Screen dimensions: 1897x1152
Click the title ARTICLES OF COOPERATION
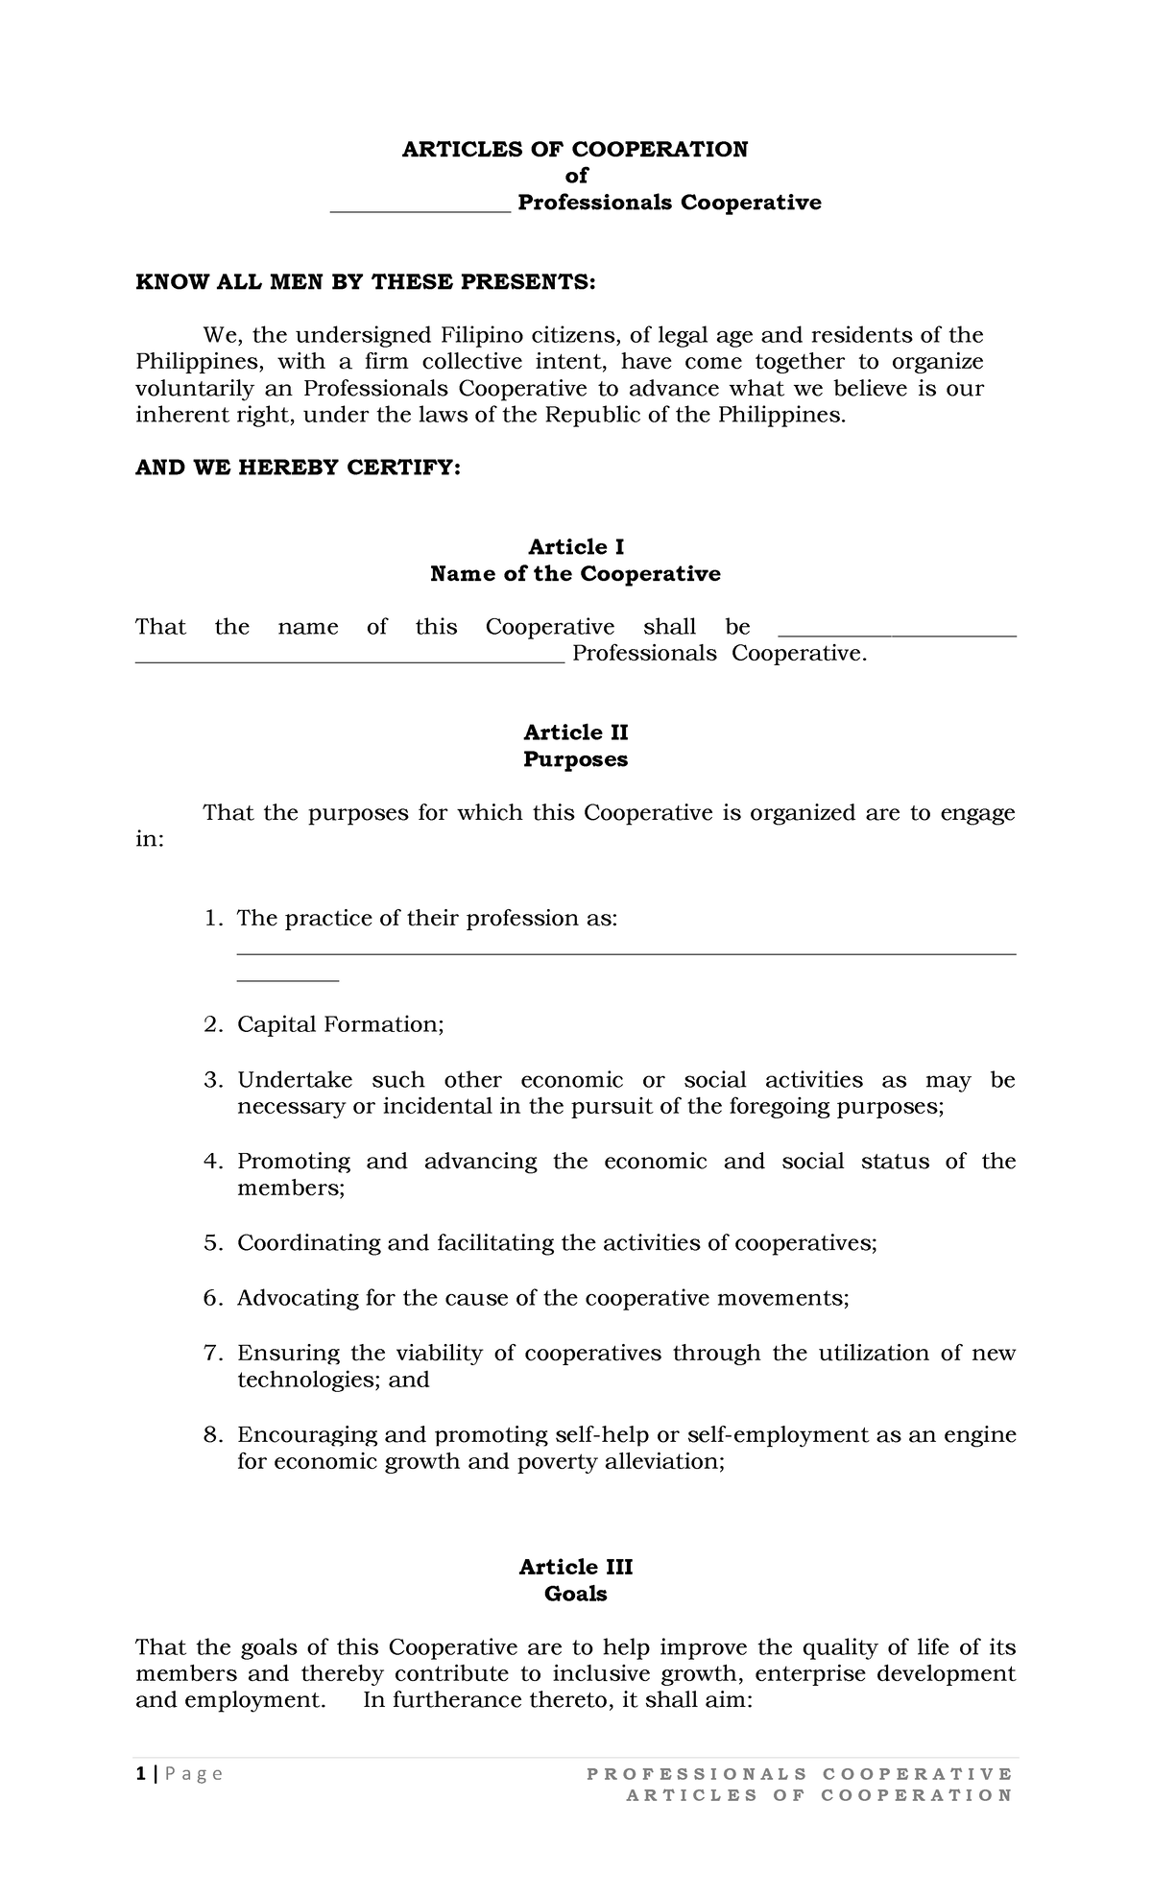coord(574,149)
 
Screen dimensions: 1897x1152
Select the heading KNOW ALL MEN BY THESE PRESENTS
coord(365,282)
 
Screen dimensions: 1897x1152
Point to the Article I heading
coord(576,547)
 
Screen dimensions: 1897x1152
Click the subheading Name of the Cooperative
coord(575,574)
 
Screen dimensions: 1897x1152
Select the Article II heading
coord(576,732)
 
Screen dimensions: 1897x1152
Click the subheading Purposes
coord(576,759)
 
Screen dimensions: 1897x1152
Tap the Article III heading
coord(576,1567)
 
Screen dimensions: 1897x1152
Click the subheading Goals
coord(576,1594)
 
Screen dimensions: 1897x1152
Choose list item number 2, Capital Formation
coord(341,1024)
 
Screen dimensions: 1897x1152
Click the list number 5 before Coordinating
coord(211,1243)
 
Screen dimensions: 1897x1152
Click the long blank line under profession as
coord(626,953)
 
